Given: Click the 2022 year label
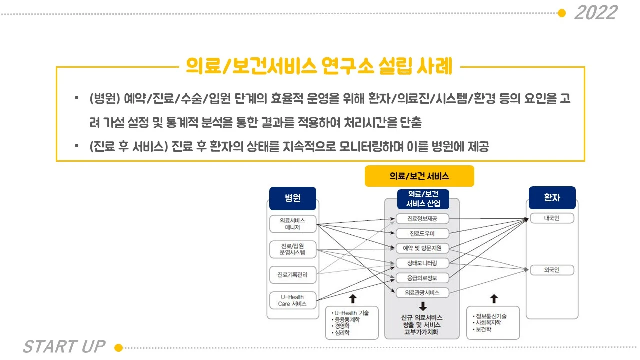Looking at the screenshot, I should pos(596,13).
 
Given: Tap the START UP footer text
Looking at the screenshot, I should pos(64,346).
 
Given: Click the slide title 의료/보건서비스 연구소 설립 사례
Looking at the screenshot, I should pos(319,66).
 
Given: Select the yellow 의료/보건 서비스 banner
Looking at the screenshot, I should pos(419,176).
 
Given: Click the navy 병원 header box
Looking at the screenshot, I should pos(292,198).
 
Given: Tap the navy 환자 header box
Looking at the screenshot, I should pos(552,198).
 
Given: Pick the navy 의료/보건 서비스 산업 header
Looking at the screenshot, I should pos(422,199).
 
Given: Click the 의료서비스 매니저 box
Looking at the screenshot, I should pos(292,224).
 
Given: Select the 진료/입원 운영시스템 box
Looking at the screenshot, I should pos(292,249).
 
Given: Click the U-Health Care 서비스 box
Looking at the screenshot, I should pos(292,300).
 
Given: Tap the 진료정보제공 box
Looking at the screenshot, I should pos(422,219).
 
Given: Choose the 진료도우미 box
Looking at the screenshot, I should pos(422,233).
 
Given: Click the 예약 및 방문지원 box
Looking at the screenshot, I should pos(422,248).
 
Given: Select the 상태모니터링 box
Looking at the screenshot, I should pos(422,263).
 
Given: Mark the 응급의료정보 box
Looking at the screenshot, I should pos(422,278).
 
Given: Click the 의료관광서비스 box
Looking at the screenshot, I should pos(422,292).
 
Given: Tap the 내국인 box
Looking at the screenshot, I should pos(552,218).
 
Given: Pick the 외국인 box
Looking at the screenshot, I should pos(552,270).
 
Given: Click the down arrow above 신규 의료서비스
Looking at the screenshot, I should pos(422,306).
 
